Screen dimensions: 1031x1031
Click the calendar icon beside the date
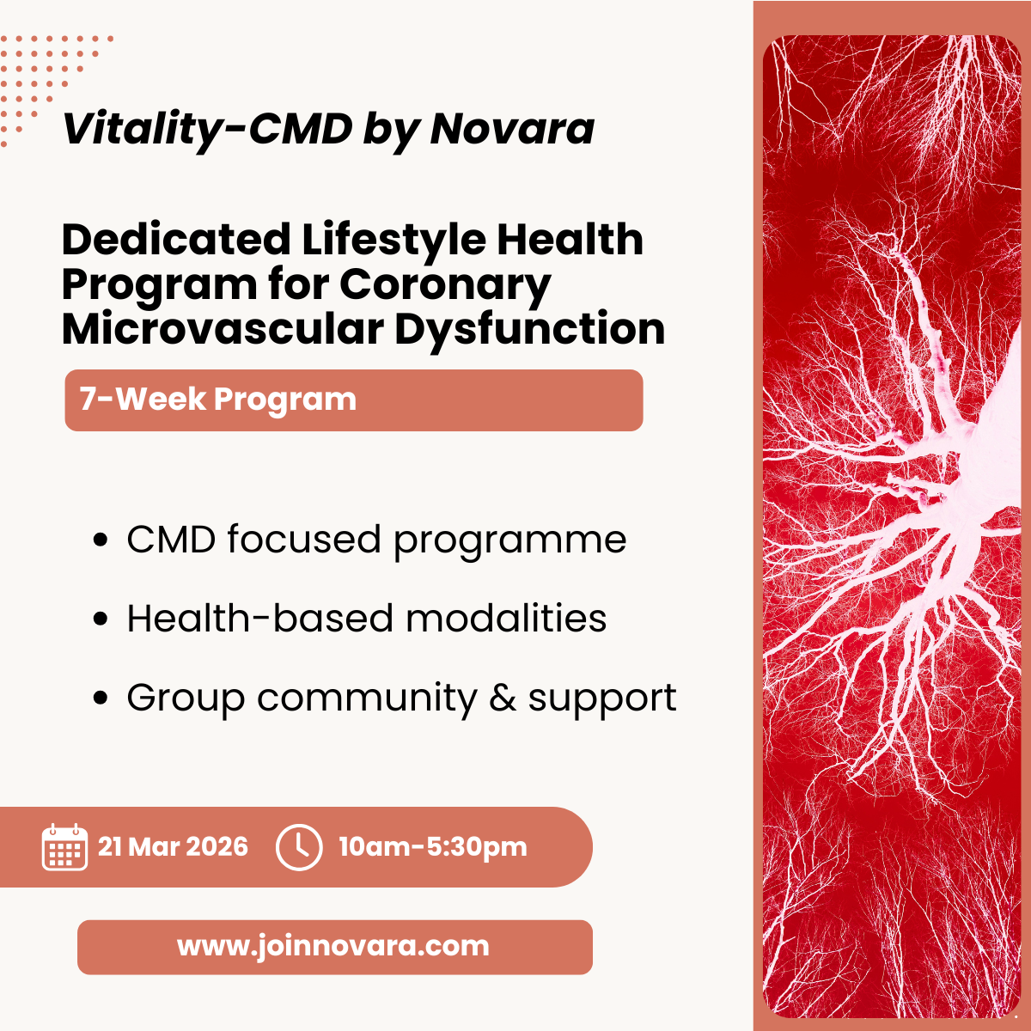tap(64, 847)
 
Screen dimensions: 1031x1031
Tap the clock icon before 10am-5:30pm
tap(299, 847)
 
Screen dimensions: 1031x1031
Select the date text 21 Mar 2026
tap(173, 847)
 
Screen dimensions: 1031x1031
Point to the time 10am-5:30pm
tap(432, 847)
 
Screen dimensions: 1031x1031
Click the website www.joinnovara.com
tap(333, 946)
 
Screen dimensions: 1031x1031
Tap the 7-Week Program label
tap(217, 400)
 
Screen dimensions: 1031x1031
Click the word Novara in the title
tap(512, 129)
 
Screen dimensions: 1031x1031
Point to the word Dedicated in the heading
tap(176, 240)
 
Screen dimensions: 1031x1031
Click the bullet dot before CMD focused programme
tap(101, 541)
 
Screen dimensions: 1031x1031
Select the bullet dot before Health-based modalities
tap(101, 619)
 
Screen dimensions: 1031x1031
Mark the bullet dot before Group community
tap(101, 699)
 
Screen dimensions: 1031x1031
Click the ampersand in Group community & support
tap(503, 699)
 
